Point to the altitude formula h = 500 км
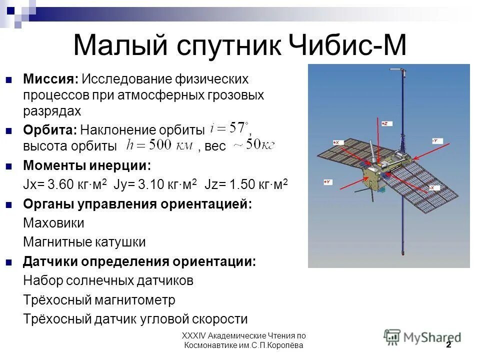pos(159,146)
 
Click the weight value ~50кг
pos(252,145)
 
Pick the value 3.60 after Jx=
pos(58,184)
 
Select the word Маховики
pos(53,223)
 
